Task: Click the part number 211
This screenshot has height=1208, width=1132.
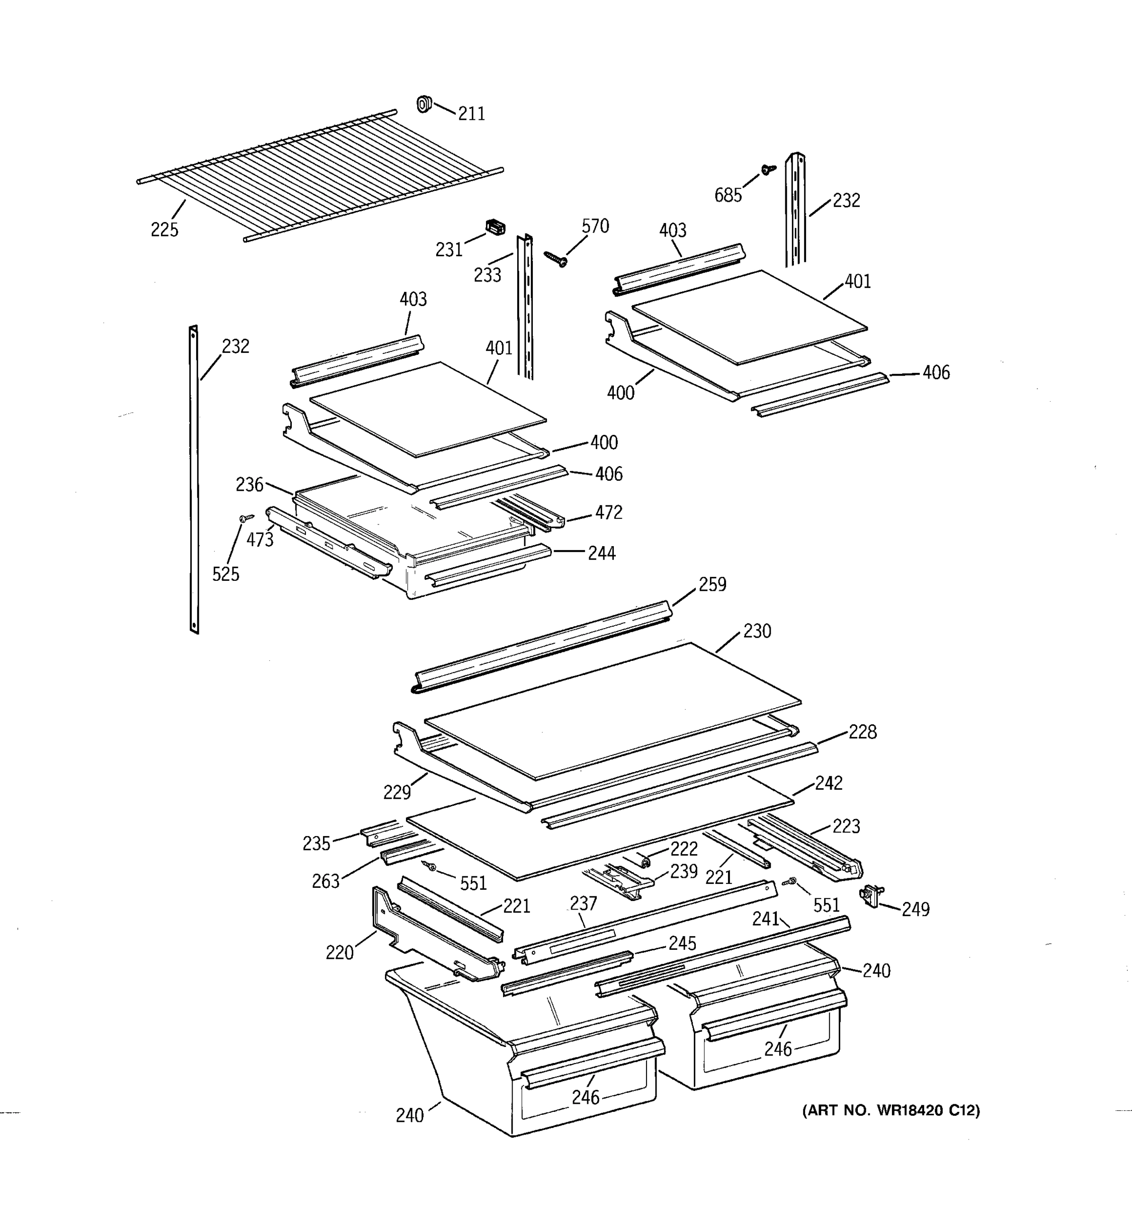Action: [x=471, y=114]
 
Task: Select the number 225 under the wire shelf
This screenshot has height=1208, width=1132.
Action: [x=164, y=230]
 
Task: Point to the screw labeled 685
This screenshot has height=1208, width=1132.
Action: [x=768, y=170]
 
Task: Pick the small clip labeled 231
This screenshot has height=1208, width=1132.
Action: [x=496, y=228]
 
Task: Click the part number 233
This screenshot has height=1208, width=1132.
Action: [x=487, y=275]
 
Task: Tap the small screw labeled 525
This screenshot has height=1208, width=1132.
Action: [x=246, y=518]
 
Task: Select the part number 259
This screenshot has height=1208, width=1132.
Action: [x=712, y=584]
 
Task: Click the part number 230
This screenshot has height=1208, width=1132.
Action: [x=757, y=631]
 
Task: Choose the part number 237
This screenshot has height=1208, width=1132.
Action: [x=583, y=903]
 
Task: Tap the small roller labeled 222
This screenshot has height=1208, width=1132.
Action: [x=645, y=860]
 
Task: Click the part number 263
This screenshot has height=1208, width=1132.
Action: [x=326, y=881]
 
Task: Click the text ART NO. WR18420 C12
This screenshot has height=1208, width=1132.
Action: [x=891, y=1111]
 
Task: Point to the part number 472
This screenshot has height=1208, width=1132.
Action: [x=608, y=513]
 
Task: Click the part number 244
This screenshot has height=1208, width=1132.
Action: [x=601, y=554]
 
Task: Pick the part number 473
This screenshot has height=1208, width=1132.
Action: [x=260, y=540]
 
